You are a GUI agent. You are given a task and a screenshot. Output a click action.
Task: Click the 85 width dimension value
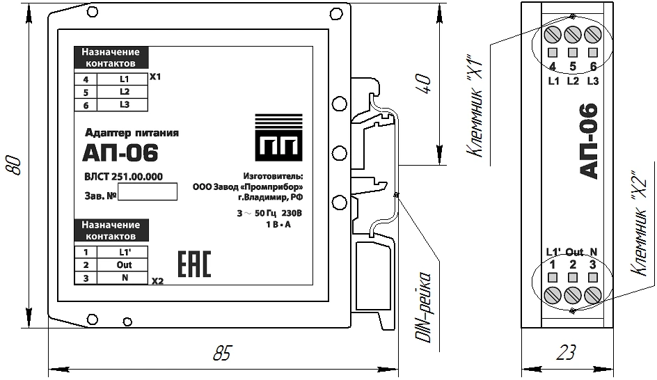(222, 353)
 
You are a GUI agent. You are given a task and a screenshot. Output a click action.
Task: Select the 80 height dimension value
(13, 166)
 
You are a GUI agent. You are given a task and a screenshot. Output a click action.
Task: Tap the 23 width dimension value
(566, 352)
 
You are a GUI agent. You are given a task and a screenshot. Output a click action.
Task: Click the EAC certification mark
(194, 264)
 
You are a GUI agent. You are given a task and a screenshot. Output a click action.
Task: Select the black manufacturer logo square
(279, 137)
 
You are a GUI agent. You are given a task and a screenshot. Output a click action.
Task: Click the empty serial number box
(148, 191)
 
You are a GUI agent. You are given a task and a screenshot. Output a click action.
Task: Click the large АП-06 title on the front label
(120, 152)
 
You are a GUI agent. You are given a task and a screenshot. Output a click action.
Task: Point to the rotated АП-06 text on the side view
(588, 141)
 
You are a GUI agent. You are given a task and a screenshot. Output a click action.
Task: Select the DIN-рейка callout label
(424, 307)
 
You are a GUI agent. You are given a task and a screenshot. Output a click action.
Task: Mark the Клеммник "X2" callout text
(639, 223)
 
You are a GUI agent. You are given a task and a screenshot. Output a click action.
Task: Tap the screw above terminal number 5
(572, 34)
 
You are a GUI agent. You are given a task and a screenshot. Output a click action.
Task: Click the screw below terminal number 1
(553, 296)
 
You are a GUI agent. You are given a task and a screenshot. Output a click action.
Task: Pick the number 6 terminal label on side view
(593, 66)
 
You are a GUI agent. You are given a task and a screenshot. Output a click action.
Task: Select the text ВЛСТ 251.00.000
(124, 177)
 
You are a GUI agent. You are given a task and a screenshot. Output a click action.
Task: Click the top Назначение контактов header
(111, 58)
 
